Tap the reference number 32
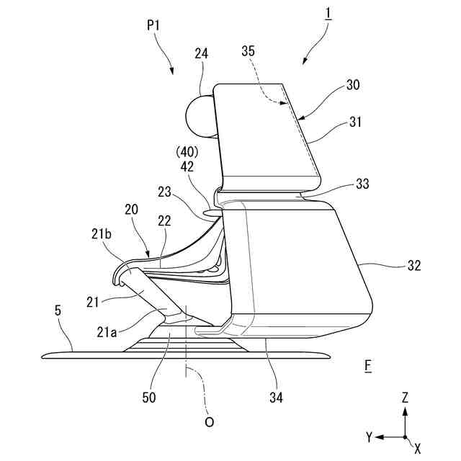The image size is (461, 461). coord(413,265)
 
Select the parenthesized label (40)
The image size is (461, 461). coord(185,153)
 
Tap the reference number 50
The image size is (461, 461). coord(148,395)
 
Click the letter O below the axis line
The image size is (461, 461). coord(209,422)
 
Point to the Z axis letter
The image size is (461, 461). coord(406,397)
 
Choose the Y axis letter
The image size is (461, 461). coord(369,437)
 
